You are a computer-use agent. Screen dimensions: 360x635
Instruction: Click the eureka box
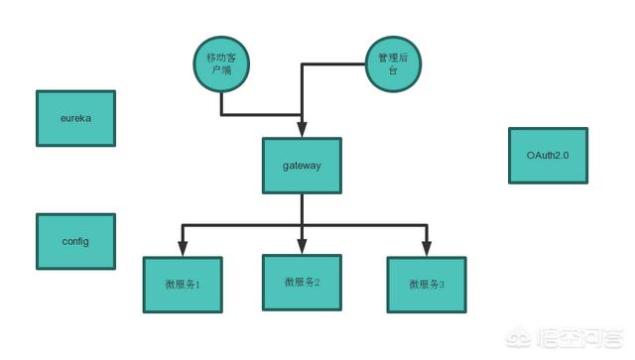[75, 119]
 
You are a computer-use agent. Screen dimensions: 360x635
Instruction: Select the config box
[75, 241]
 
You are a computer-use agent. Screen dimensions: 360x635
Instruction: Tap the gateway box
[302, 166]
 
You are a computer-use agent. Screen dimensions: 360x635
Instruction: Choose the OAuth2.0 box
[548, 156]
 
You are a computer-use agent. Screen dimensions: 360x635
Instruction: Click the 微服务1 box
[183, 284]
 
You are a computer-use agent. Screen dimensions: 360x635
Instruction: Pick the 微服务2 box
[302, 282]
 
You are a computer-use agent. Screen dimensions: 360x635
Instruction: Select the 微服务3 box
[427, 285]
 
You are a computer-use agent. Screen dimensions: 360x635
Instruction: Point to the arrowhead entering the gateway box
[302, 131]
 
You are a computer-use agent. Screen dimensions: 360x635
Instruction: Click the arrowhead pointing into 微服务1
[183, 249]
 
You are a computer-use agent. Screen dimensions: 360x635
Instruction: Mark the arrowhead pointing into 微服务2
[302, 247]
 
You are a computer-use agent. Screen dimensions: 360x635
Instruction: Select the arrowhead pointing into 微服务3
[428, 249]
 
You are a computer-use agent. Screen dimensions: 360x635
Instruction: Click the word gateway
[302, 166]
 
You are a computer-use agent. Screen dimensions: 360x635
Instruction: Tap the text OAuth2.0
[548, 156]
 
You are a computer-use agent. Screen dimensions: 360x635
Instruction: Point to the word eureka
[75, 119]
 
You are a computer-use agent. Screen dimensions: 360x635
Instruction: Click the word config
[75, 241]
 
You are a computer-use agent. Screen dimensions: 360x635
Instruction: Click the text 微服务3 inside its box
[427, 285]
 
